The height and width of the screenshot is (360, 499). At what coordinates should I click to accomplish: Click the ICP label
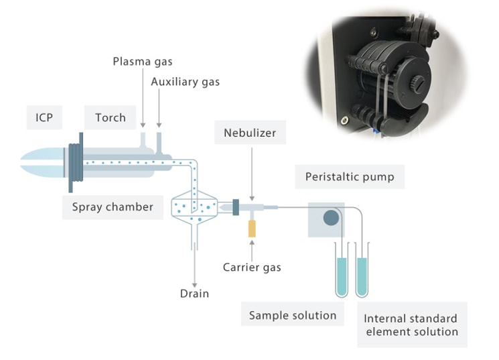tap(44, 118)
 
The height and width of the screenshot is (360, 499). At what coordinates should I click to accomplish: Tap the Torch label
tap(110, 118)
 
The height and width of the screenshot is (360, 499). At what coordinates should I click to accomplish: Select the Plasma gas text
tap(142, 62)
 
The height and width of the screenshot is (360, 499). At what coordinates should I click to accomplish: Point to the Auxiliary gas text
tap(185, 82)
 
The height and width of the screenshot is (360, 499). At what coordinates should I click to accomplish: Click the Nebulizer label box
tap(250, 133)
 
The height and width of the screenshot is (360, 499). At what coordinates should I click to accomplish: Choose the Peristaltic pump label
tap(350, 177)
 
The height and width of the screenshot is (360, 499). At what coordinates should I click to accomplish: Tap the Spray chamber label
tap(113, 207)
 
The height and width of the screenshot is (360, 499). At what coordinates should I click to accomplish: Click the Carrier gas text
tap(252, 267)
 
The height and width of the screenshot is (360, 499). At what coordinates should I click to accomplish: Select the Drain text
tap(194, 293)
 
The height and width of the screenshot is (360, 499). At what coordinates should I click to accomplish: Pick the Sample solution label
tap(293, 315)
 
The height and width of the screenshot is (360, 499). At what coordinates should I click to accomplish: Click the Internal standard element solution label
tap(411, 325)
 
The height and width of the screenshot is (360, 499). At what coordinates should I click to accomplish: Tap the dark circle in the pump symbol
tap(331, 218)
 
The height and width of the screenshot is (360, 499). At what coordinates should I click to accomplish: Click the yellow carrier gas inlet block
tap(252, 229)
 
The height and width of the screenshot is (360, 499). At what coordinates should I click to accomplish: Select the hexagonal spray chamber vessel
tap(194, 208)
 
